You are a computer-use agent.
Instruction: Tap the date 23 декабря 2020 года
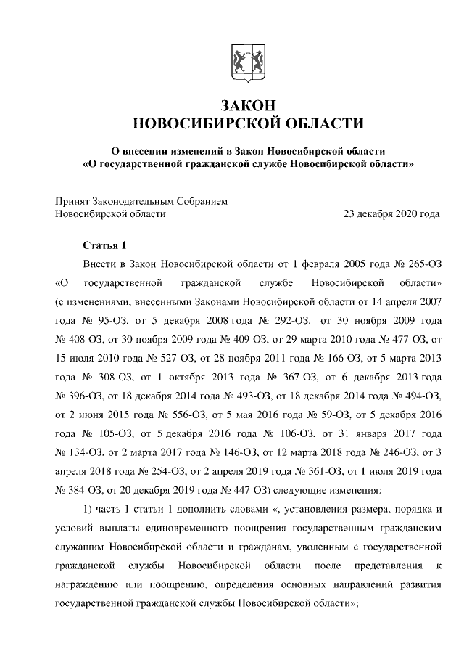[x=391, y=214]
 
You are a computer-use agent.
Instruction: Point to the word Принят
[x=72, y=201]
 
